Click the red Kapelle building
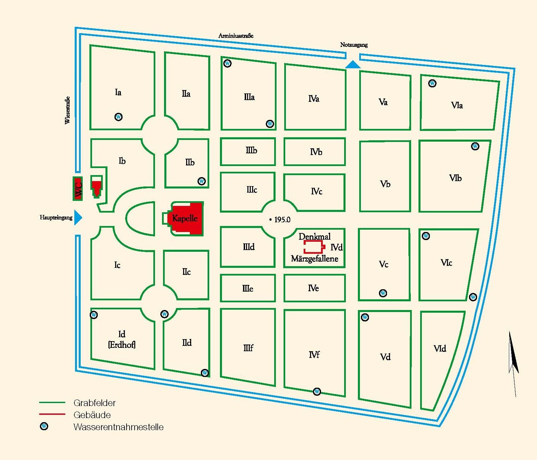pos(187,219)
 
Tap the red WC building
pos(78,188)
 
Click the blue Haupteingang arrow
pos(78,218)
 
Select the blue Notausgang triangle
pos(353,65)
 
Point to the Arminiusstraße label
pos(236,35)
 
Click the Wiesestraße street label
pos(67,110)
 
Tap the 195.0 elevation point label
pos(280,220)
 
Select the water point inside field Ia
pos(119,117)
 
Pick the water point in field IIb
pos(202,181)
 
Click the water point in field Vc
pos(383,293)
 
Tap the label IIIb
pos(251,151)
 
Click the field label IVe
pos(313,288)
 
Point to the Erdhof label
pos(122,344)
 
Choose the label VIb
pos(455,178)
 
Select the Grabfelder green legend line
pos(52,402)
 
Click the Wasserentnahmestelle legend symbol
pos(44,427)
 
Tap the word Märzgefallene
pos(314,259)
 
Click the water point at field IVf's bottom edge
pos(317,391)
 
